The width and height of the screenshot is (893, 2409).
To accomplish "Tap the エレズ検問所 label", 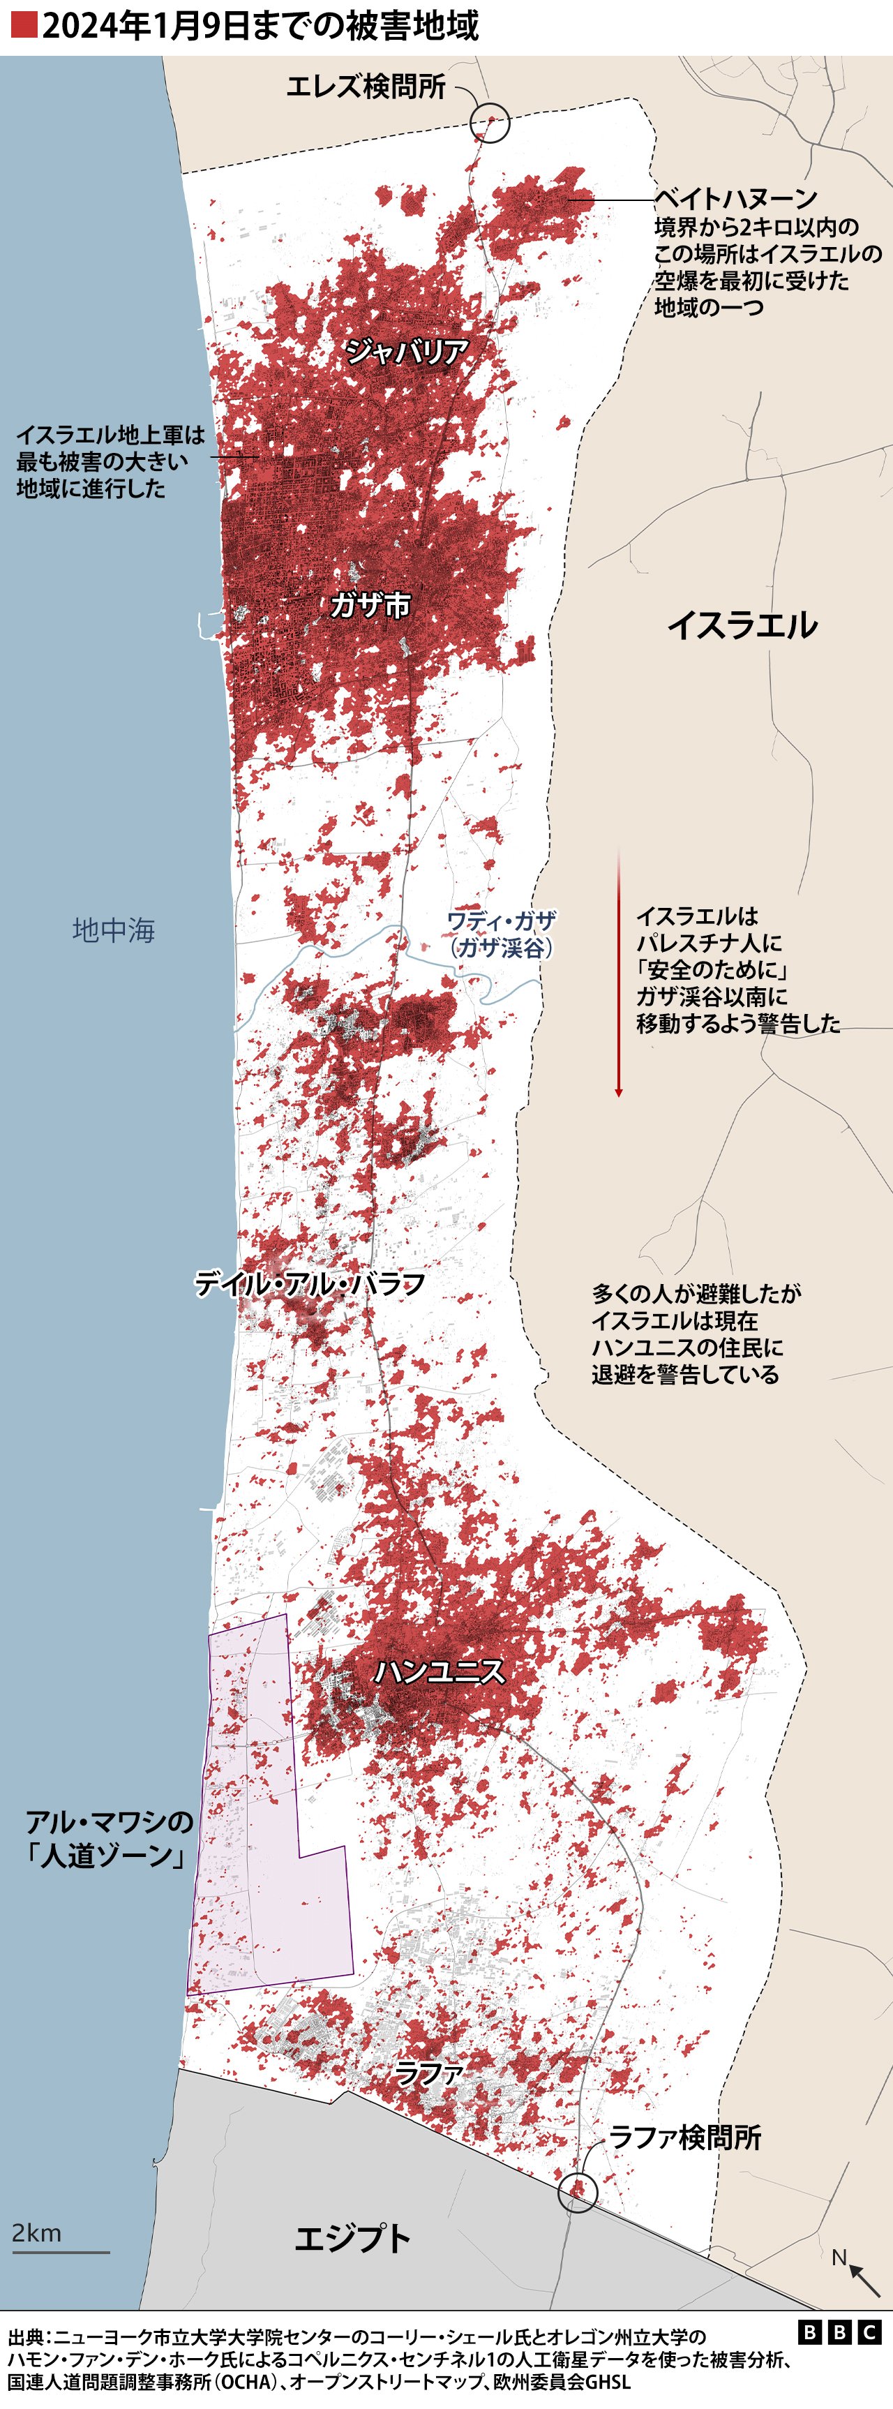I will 366,87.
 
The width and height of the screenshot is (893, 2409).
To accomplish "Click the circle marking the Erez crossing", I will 490,123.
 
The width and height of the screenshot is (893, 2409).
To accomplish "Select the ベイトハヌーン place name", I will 735,198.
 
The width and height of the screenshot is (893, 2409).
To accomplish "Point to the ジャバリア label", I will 407,352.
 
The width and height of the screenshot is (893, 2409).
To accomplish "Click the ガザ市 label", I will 370,606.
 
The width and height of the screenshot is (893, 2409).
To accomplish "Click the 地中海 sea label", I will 113,930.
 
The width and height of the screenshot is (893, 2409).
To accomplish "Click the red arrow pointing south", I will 618,973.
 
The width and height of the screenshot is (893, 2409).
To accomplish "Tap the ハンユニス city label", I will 440,1671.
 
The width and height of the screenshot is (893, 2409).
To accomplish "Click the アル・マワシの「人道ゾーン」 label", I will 110,1837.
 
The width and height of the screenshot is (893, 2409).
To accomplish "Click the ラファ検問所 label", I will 684,2137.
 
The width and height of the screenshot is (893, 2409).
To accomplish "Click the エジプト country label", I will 352,2239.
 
